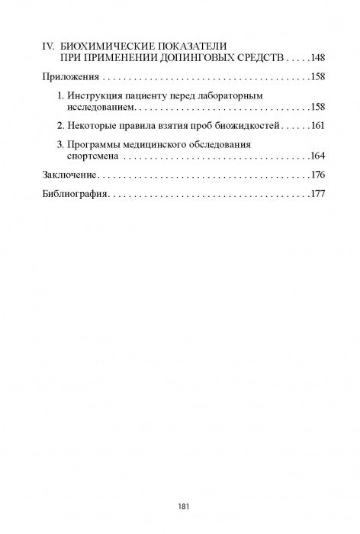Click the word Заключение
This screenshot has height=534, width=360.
point(69,175)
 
